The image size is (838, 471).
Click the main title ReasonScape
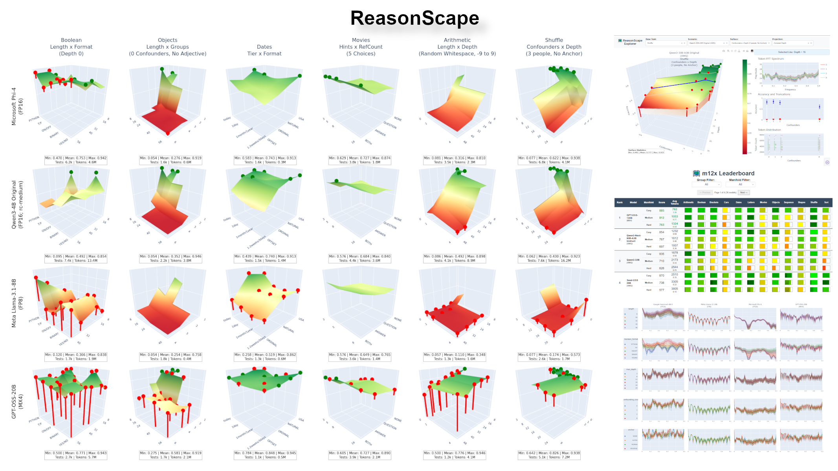(414, 18)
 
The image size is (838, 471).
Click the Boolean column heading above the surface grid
(71, 40)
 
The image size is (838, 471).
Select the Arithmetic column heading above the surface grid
(457, 40)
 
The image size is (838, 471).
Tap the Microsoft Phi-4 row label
(17, 106)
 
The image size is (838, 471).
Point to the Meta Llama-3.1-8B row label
(17, 303)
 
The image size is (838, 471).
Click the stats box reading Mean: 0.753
(75, 160)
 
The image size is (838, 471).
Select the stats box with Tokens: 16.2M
(549, 258)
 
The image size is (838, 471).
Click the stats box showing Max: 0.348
(454, 356)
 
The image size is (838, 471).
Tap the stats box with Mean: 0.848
(265, 455)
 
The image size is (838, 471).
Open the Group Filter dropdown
(706, 184)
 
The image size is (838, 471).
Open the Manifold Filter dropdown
(740, 184)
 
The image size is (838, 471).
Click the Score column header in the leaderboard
(662, 203)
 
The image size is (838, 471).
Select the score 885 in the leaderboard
(662, 210)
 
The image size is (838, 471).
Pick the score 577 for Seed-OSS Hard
(662, 290)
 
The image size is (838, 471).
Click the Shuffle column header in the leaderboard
(814, 203)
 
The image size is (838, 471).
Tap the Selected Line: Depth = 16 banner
(792, 52)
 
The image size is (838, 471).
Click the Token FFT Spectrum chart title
(770, 59)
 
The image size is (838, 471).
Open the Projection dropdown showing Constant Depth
(792, 43)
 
